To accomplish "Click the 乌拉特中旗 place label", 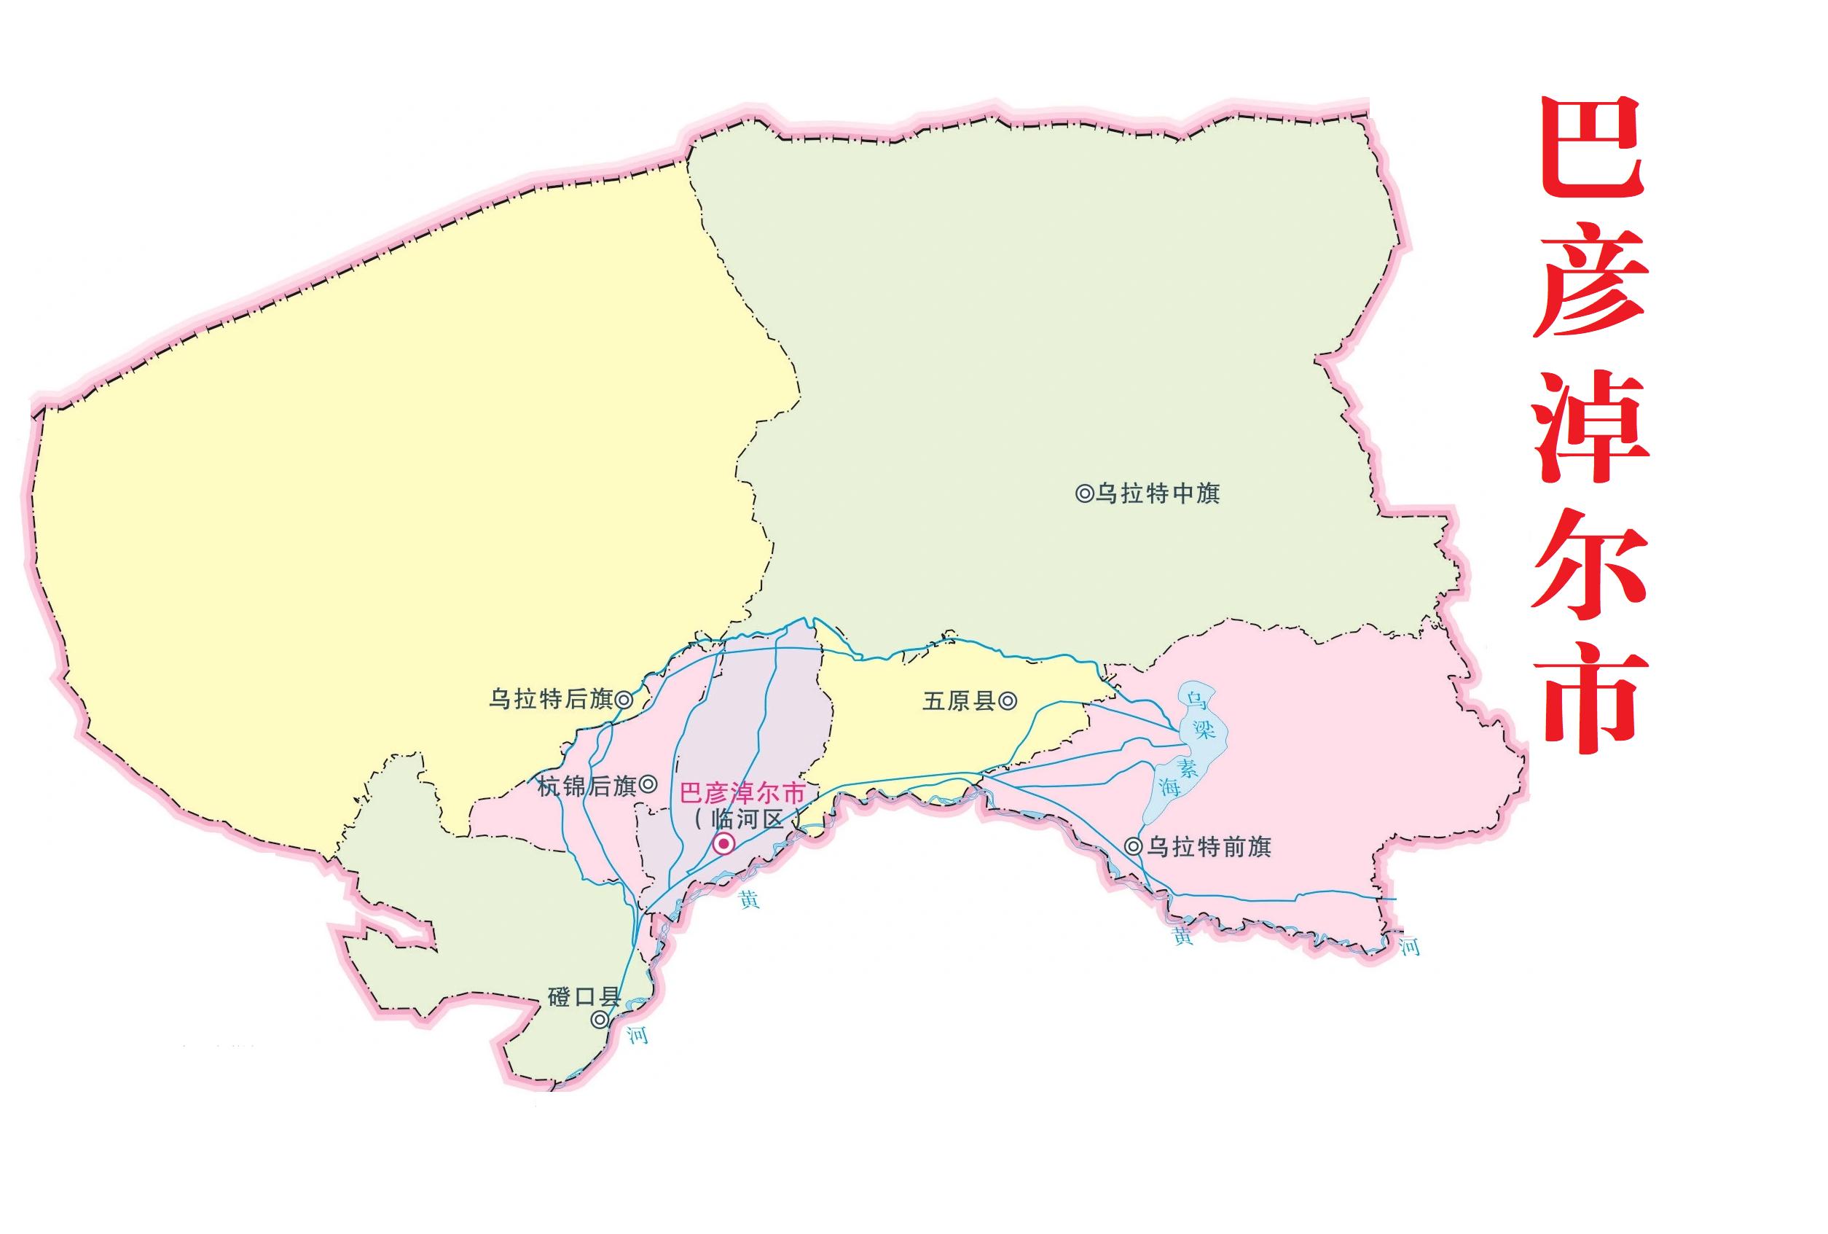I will (x=1158, y=493).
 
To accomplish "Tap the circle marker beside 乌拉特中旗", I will (x=1084, y=493).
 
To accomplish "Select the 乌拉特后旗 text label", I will (x=551, y=699).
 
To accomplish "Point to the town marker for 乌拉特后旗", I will (x=624, y=699).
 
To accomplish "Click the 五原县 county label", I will (x=959, y=700).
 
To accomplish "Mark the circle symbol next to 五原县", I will (x=1008, y=700).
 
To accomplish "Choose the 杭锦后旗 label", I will (x=587, y=786).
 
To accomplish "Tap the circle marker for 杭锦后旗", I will (x=648, y=784).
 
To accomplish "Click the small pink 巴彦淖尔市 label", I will (x=742, y=792).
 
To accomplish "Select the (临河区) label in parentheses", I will (x=747, y=819).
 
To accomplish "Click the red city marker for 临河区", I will (x=723, y=845).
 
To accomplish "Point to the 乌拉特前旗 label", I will (x=1209, y=847).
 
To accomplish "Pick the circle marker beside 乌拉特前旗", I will (x=1134, y=847).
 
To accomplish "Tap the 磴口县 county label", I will (x=584, y=997).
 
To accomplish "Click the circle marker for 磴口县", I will (x=600, y=1020).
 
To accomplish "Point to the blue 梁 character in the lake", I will (x=1204, y=729).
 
